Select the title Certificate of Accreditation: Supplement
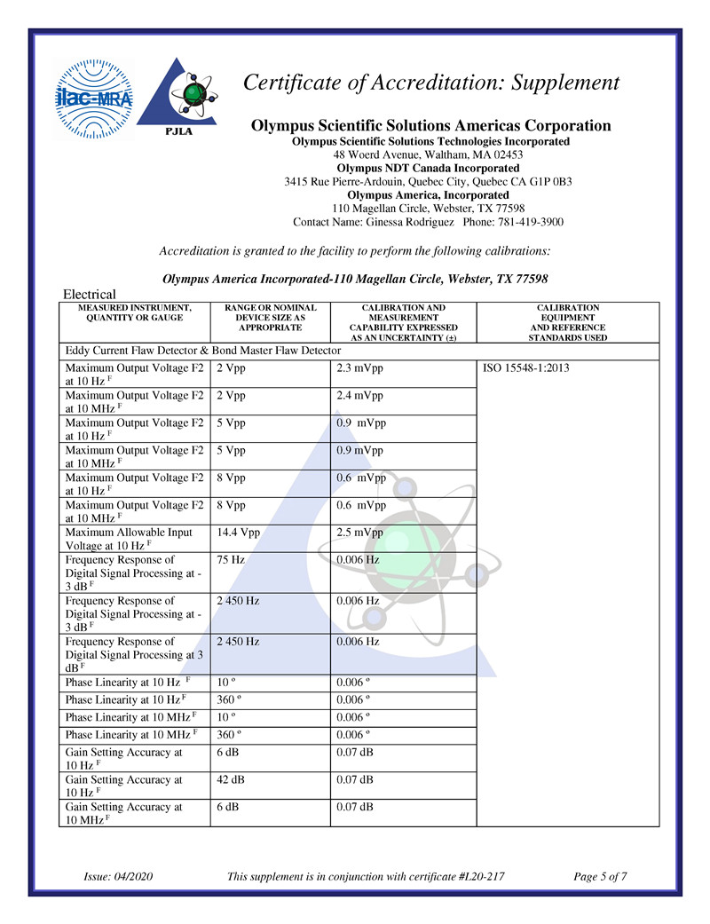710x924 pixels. pyautogui.click(x=431, y=83)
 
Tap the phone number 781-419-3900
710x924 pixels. pyautogui.click(x=530, y=222)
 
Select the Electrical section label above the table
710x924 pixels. pyautogui.click(x=90, y=294)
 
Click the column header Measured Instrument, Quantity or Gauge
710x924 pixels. pyautogui.click(x=134, y=312)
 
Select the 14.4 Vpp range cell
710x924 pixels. pyautogui.click(x=238, y=533)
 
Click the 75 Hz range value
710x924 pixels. pyautogui.click(x=230, y=560)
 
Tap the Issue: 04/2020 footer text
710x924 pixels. pyautogui.click(x=118, y=877)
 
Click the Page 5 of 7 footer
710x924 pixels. pyautogui.click(x=601, y=877)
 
